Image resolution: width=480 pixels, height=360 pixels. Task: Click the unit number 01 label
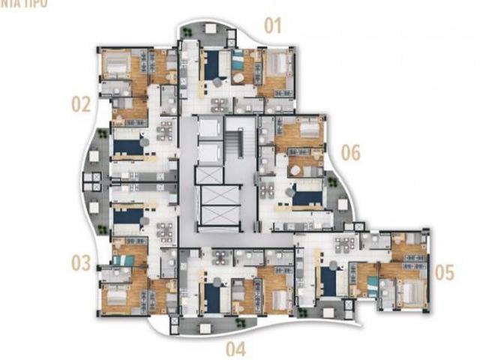click(271, 27)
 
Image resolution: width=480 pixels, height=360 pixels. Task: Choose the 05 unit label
click(444, 271)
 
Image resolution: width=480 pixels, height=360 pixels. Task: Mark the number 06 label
click(350, 154)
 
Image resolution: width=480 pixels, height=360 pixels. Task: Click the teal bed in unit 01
click(238, 61)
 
